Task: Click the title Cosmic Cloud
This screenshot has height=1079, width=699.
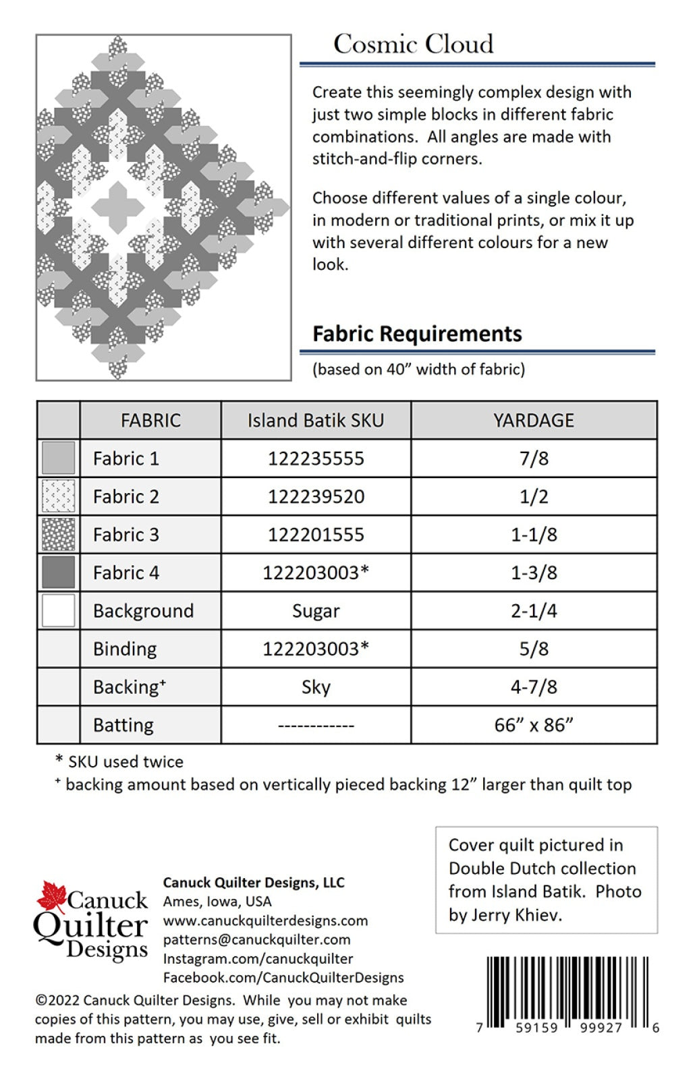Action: (413, 45)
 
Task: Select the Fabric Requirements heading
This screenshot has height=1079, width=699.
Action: (417, 334)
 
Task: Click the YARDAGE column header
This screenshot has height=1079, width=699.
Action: (533, 420)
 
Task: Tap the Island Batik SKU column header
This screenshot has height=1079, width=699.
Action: (315, 420)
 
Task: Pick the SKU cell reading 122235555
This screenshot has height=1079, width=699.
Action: (315, 459)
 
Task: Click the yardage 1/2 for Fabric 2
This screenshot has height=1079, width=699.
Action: (533, 497)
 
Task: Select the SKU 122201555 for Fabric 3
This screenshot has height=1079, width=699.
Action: (315, 535)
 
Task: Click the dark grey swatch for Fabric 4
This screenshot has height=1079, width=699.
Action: (59, 573)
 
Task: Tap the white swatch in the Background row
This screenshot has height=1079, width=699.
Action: (59, 610)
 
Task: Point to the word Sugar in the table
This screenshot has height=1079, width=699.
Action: (315, 611)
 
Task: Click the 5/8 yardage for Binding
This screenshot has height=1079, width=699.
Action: (533, 649)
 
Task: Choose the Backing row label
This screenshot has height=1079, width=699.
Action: (129, 687)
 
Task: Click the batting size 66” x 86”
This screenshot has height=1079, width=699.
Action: (533, 725)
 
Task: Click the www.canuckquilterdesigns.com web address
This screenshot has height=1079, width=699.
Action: (265, 921)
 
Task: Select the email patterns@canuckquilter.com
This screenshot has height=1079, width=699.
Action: (256, 939)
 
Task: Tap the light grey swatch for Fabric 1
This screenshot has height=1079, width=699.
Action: (59, 459)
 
